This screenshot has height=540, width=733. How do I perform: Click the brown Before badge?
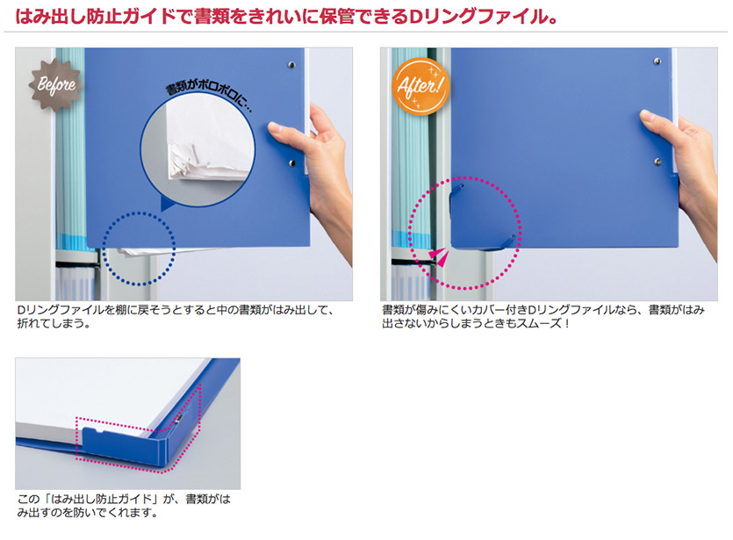pos(56,84)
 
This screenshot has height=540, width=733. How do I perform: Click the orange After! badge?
pos(420,86)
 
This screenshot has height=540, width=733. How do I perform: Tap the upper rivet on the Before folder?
pos(291,64)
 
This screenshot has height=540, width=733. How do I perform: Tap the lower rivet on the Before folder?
pos(292,163)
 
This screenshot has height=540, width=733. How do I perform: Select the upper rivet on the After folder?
pos(658,61)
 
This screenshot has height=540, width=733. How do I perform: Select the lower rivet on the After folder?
pos(658,162)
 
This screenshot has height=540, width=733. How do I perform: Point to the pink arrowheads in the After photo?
pos(439,256)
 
